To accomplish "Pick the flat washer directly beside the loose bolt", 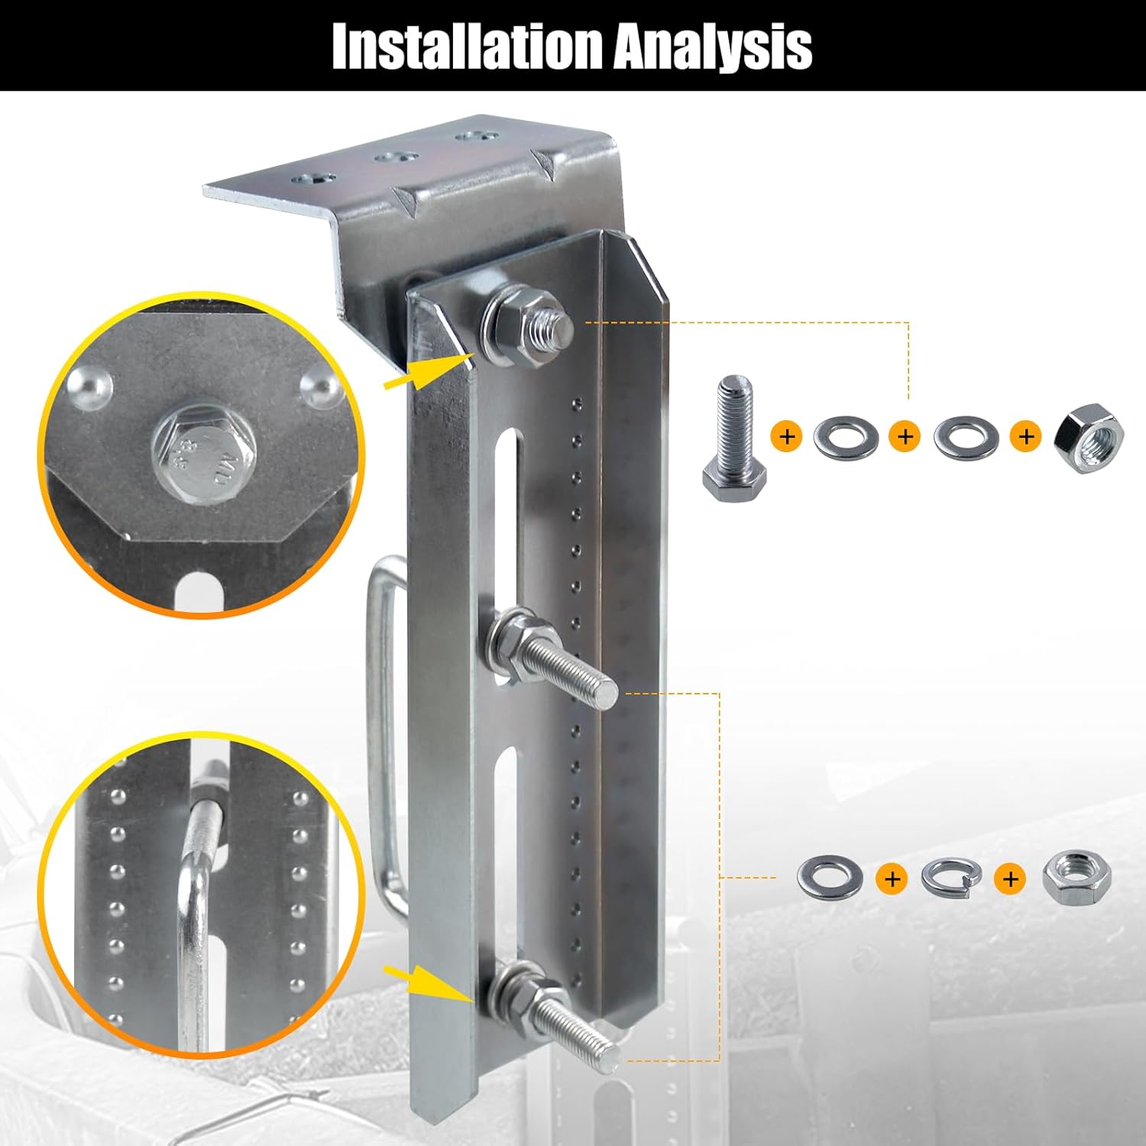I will [x=846, y=438].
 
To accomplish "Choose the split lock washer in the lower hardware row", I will [x=950, y=879].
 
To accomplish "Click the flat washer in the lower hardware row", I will [x=830, y=877].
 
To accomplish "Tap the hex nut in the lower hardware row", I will [x=1076, y=879].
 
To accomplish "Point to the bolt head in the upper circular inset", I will [x=203, y=452].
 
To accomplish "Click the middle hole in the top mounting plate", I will [x=394, y=158].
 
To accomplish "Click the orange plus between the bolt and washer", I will [x=787, y=437].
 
